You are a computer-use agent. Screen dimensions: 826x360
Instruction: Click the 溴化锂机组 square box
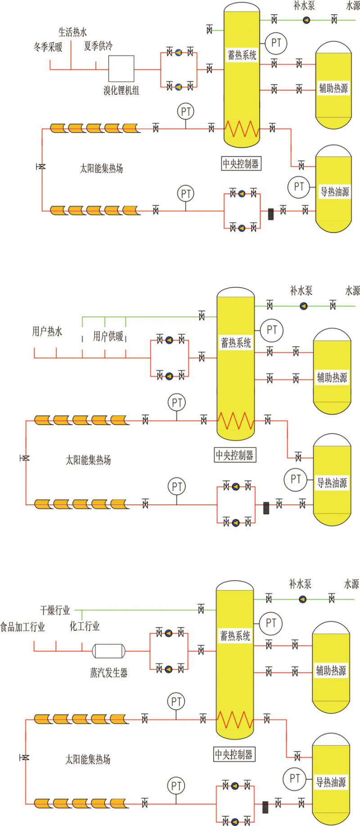[121, 69]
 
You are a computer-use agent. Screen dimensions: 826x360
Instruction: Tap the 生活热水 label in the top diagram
[72, 32]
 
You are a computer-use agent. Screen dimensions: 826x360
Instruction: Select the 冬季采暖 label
[48, 46]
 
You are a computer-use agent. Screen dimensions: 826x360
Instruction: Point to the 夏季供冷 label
[98, 45]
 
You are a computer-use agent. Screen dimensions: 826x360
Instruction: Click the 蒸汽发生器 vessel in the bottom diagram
[108, 651]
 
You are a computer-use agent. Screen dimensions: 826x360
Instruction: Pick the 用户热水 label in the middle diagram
[47, 332]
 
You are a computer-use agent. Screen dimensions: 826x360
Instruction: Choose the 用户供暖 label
[108, 336]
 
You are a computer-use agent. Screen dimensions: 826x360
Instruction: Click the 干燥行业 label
[55, 610]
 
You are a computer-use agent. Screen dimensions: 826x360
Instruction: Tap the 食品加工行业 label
[22, 627]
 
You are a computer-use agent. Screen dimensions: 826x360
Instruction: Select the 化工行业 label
[85, 626]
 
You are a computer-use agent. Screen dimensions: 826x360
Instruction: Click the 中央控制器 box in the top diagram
[241, 163]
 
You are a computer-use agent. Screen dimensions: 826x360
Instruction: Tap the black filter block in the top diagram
[271, 214]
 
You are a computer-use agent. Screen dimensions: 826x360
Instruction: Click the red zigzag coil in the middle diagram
[235, 421]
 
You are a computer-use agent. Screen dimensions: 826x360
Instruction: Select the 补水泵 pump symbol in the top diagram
[306, 20]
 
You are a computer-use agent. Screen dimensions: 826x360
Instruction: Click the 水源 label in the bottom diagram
[351, 584]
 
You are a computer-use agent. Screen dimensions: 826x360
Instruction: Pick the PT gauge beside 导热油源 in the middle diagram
[295, 479]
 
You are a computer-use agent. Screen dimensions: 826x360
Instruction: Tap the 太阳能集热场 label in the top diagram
[101, 168]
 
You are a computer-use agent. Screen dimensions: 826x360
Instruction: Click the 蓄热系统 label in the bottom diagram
[235, 636]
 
